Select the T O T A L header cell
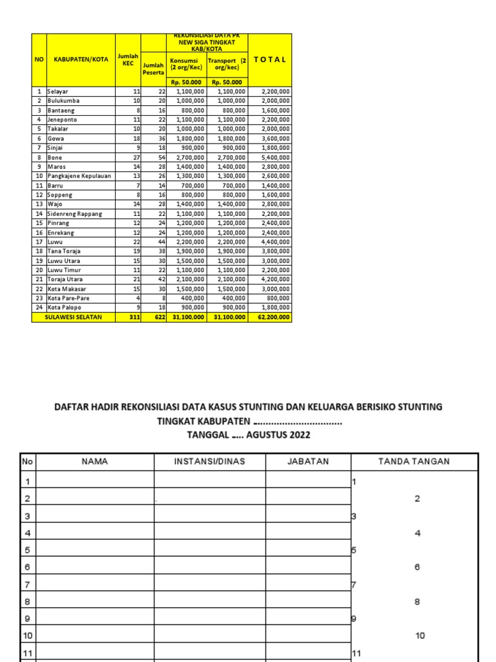pos(270,59)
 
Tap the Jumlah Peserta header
pos(154,69)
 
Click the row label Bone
pos(55,157)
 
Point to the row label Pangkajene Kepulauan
pos(76,176)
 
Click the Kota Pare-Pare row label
pos(67,299)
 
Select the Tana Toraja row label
pos(63,251)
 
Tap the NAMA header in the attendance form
pos(94,461)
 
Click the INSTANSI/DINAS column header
pos(209,461)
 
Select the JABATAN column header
pos(307,461)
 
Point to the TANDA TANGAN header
pos(413,461)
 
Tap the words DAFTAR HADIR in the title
pos(90,407)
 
